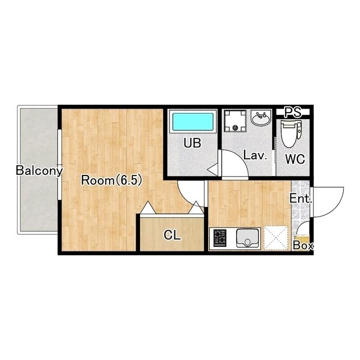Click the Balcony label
[x=39, y=170]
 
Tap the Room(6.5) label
[x=111, y=180]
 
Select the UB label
[x=192, y=143]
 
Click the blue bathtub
[x=193, y=121]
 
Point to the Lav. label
[x=255, y=155]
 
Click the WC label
[x=295, y=159]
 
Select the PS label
[x=292, y=112]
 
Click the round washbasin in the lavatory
[x=261, y=118]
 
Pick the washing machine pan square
[x=235, y=121]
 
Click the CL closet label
[x=172, y=235]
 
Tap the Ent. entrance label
[x=300, y=199]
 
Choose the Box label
[x=303, y=246]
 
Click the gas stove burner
[x=220, y=238]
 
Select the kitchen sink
[x=247, y=238]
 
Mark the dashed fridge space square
[x=276, y=237]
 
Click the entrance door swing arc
[x=337, y=206]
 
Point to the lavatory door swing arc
[x=241, y=159]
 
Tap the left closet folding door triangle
[x=148, y=208]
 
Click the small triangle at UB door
[x=213, y=170]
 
